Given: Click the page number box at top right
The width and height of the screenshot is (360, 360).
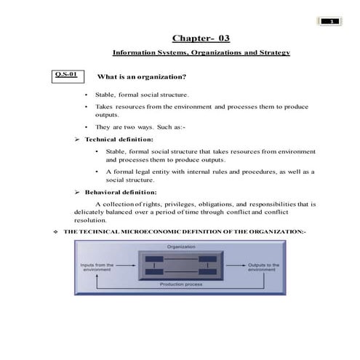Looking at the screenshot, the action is pyautogui.click(x=332, y=20).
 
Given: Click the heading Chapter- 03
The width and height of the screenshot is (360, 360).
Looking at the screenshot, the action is pyautogui.click(x=201, y=38).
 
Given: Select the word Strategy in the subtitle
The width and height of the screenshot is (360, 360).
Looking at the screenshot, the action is pyautogui.click(x=271, y=54).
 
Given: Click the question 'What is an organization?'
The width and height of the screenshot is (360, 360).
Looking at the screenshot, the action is pyautogui.click(x=143, y=76).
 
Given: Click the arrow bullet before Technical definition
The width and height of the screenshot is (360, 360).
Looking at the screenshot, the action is pyautogui.click(x=77, y=138).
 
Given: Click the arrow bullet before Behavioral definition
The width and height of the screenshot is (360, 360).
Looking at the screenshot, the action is pyautogui.click(x=77, y=191).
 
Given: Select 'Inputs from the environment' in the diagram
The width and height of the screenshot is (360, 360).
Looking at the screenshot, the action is pyautogui.click(x=97, y=267).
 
